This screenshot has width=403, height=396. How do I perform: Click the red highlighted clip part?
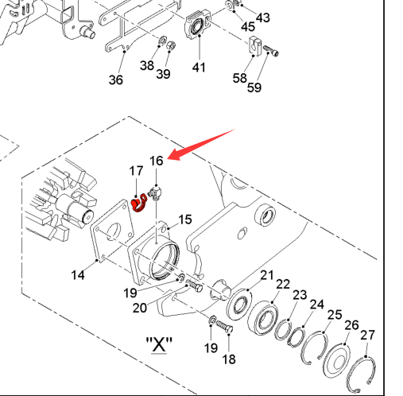click(x=138, y=204)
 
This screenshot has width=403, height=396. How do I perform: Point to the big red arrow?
click(x=201, y=145)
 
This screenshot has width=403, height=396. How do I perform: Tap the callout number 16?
click(x=157, y=161)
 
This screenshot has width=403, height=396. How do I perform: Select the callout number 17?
click(x=136, y=171)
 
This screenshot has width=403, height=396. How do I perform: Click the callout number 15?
click(x=185, y=219)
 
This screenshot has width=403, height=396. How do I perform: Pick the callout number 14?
click(x=78, y=275)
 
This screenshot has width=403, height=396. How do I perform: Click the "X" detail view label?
click(x=159, y=344)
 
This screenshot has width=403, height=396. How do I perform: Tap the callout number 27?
click(x=367, y=336)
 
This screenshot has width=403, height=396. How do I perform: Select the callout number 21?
click(x=267, y=276)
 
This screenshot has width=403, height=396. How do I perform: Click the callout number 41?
click(x=199, y=68)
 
